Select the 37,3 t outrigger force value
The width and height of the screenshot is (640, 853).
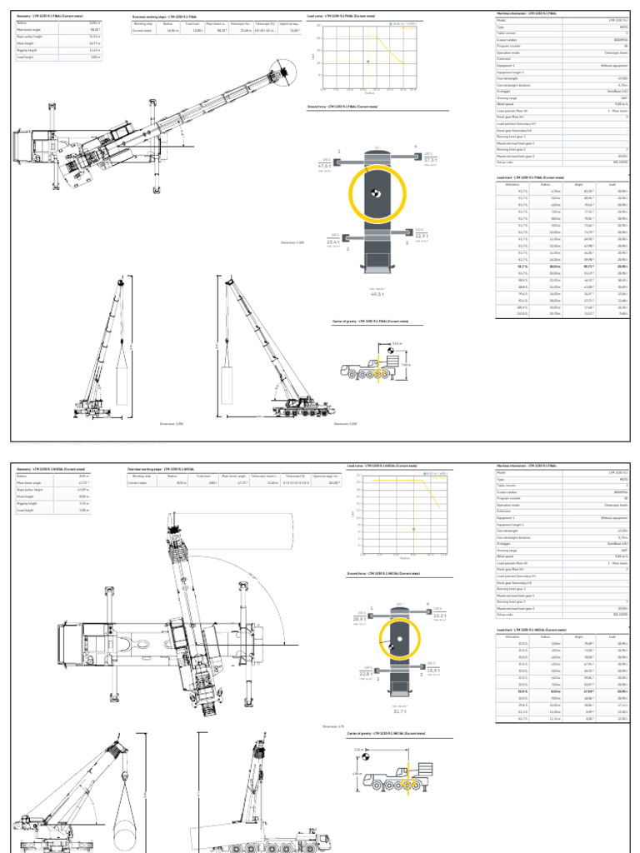pyautogui.click(x=430, y=159)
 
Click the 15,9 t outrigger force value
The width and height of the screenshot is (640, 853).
pyautogui.click(x=434, y=670)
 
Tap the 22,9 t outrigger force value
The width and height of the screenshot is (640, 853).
pyautogui.click(x=422, y=236)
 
